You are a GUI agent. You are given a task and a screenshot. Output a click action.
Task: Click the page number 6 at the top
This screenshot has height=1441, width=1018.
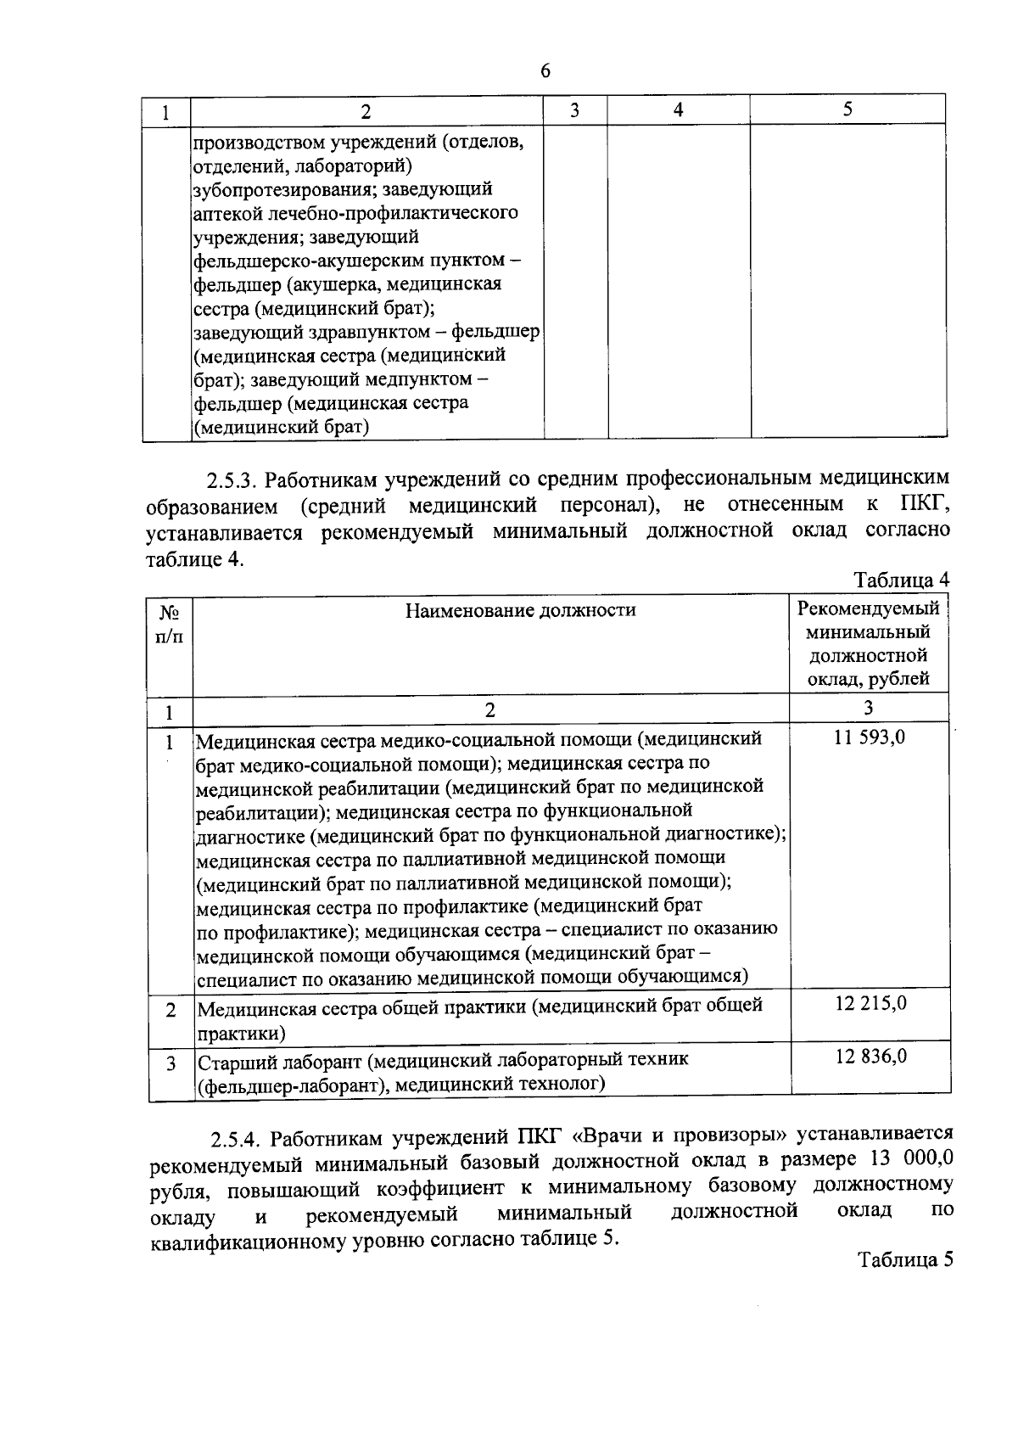pyautogui.click(x=545, y=71)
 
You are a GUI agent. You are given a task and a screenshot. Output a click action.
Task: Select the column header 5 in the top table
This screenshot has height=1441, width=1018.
pyautogui.click(x=847, y=109)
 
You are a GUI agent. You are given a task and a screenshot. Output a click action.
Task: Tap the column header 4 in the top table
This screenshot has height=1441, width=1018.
pyautogui.click(x=678, y=110)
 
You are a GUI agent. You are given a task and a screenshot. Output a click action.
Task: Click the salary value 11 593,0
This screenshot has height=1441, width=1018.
pyautogui.click(x=869, y=737)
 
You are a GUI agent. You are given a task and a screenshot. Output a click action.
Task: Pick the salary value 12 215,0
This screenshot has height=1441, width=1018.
pyautogui.click(x=870, y=1003)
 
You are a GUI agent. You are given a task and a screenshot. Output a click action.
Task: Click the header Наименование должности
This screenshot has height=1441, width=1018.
pyautogui.click(x=520, y=609)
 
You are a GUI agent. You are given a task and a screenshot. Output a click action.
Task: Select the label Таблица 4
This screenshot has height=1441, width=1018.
pyautogui.click(x=900, y=580)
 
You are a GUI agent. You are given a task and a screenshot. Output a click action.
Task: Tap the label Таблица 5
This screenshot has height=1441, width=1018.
pyautogui.click(x=904, y=1259)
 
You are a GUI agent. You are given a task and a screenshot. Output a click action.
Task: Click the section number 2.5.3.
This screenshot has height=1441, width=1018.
pyautogui.click(x=232, y=481)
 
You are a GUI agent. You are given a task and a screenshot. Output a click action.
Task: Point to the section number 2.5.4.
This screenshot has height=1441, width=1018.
pyautogui.click(x=237, y=1136)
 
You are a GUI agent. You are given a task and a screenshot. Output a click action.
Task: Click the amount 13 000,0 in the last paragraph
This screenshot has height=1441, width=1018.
pyautogui.click(x=908, y=1158)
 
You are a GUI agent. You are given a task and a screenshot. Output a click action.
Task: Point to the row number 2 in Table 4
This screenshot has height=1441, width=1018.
pyautogui.click(x=171, y=1010)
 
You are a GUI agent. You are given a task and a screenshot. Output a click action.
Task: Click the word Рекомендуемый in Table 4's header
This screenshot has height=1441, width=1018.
pyautogui.click(x=869, y=608)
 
